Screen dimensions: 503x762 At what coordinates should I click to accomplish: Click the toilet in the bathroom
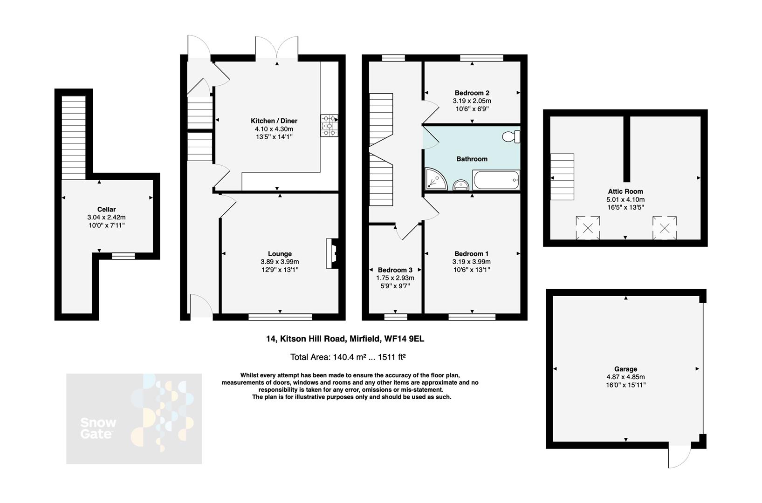(511, 136)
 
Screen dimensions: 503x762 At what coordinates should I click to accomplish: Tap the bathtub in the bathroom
(496, 180)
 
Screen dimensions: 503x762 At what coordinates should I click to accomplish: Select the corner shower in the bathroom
(435, 180)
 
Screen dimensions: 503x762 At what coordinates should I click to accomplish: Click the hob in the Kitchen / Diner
(330, 126)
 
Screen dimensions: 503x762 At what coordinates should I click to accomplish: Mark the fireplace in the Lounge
(333, 254)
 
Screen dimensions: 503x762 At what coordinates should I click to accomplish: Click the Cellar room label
(106, 210)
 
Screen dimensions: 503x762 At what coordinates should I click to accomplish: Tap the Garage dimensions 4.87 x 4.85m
(625, 377)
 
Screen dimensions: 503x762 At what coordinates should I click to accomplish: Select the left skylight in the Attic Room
(588, 228)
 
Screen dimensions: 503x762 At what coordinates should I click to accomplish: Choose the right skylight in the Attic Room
(665, 228)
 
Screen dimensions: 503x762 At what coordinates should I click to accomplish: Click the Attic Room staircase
(562, 177)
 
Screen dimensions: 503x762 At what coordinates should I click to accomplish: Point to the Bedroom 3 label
(395, 270)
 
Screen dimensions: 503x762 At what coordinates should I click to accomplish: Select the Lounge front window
(280, 317)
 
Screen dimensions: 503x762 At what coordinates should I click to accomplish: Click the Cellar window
(123, 256)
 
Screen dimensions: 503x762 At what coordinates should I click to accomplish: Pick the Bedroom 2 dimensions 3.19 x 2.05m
(472, 101)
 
